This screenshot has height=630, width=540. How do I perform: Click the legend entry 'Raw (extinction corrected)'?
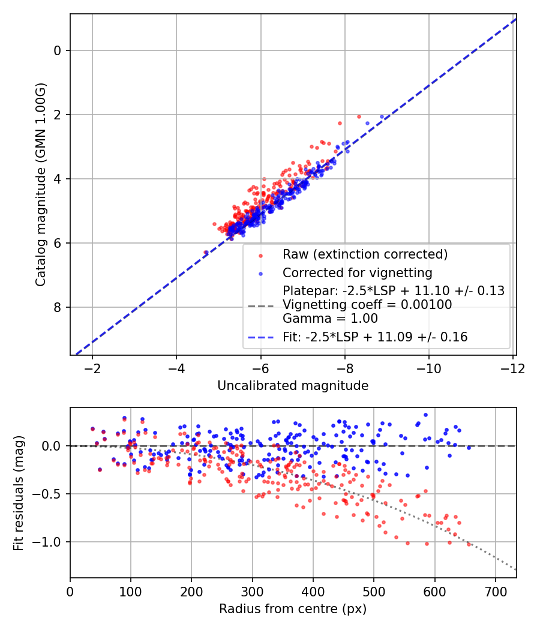[x=365, y=254]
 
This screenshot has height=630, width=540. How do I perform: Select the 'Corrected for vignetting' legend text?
[x=358, y=273]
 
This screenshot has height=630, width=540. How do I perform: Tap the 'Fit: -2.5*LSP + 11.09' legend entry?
[x=375, y=337]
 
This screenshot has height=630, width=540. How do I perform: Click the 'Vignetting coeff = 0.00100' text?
[x=367, y=305]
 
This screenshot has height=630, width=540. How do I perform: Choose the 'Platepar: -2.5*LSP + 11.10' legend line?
[x=393, y=291]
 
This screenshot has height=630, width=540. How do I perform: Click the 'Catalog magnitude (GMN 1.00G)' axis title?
[x=40, y=185]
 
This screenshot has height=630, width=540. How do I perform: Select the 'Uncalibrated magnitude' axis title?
[x=293, y=386]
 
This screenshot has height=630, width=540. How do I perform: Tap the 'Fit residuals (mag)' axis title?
[x=18, y=493]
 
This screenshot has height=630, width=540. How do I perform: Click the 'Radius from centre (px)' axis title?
[x=293, y=609]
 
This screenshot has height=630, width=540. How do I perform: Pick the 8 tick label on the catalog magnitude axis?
[x=58, y=308]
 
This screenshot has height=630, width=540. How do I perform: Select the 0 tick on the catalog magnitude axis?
[x=58, y=50]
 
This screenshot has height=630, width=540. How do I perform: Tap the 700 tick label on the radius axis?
[x=495, y=591]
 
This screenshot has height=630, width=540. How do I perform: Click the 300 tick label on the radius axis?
[x=252, y=591]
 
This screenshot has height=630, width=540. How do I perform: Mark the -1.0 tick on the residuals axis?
[x=50, y=542]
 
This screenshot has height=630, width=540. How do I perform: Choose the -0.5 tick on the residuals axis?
[x=50, y=494]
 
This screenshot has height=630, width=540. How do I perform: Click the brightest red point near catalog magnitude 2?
[x=359, y=116]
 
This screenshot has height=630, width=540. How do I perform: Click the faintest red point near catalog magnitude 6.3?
[x=206, y=253]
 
